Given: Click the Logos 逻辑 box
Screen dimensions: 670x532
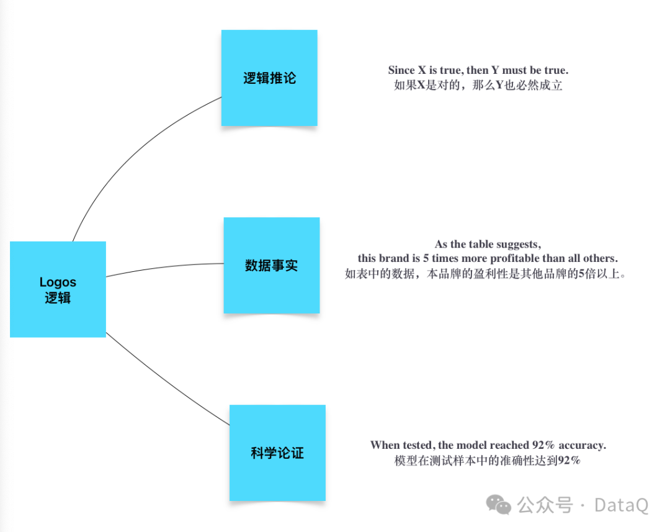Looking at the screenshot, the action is click(x=58, y=289).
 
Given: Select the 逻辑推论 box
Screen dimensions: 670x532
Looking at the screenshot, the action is click(x=269, y=78).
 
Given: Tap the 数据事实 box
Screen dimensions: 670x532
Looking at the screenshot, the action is click(x=272, y=266).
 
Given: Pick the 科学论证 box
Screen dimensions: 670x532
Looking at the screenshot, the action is click(x=277, y=453).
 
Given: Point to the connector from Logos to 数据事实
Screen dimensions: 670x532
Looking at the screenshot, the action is click(x=164, y=267).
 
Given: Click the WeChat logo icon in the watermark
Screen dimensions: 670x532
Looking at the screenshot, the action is click(x=499, y=505).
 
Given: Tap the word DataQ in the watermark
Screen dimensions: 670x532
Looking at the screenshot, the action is click(x=621, y=505).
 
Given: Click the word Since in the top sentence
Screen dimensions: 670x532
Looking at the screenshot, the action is click(x=401, y=70).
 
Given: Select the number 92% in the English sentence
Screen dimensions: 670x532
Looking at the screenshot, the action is click(x=543, y=445).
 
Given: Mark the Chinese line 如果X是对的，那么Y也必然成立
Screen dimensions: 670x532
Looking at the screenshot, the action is click(x=478, y=85).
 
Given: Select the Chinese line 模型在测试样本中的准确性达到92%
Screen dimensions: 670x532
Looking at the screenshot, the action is click(x=487, y=461).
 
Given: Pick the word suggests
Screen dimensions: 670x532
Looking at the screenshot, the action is click(x=519, y=245).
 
